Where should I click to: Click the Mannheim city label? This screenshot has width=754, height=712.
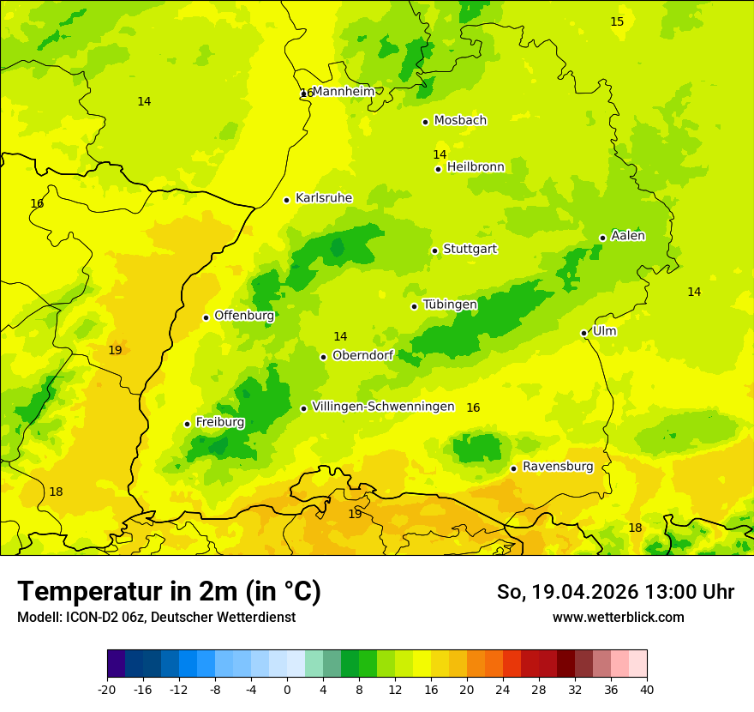coord(343,92)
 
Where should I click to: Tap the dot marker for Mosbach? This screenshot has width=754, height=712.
coord(425,122)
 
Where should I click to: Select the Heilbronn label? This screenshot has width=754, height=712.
coord(476,167)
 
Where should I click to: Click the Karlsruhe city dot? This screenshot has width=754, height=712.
coord(287,200)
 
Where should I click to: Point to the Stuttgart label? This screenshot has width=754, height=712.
coord(470,250)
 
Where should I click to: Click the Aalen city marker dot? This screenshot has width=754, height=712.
coord(602,238)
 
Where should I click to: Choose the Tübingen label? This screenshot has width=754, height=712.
coord(449,305)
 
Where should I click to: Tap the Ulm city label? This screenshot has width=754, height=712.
coord(604,331)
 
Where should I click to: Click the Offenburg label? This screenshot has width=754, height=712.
coord(243,316)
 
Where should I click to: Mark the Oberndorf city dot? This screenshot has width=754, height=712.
coord(323,357)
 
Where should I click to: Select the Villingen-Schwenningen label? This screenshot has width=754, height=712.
coord(383,407)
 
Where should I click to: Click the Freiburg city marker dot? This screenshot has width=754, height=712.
coord(187,424)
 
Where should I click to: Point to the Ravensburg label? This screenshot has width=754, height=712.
coord(557,467)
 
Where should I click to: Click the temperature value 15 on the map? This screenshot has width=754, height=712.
coord(617,21)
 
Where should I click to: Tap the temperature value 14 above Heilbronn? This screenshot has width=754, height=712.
coord(440,154)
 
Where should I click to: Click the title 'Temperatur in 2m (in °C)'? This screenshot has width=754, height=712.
coord(169,591)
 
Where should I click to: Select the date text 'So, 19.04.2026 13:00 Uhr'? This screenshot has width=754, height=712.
coord(615,592)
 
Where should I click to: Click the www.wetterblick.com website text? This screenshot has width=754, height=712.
coord(618,617)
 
